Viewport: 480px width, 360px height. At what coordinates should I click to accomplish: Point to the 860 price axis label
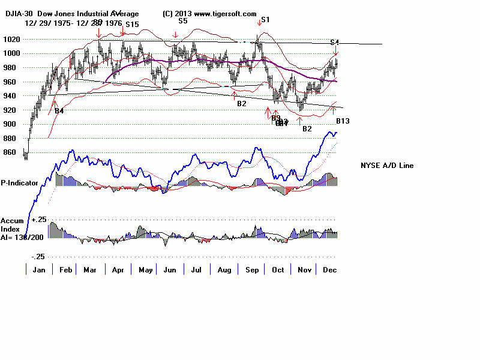pos(11,152)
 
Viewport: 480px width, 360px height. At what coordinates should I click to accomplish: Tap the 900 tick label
pos(11,124)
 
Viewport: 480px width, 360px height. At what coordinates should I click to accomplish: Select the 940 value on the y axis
pos(11,95)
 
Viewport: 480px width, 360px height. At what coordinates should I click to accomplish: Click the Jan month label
pos(39,271)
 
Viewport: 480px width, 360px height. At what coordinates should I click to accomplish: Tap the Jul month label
pos(196,271)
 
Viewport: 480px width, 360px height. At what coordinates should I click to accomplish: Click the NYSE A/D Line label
pos(386,166)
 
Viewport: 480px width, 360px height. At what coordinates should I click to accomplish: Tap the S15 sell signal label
pos(132,25)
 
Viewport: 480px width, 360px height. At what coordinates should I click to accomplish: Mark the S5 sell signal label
pos(183,20)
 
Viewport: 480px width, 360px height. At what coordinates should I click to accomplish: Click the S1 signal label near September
pos(265,20)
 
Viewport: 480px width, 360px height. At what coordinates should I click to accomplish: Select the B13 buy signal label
pos(343,121)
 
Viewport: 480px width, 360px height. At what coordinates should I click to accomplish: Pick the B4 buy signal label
pos(59,111)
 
